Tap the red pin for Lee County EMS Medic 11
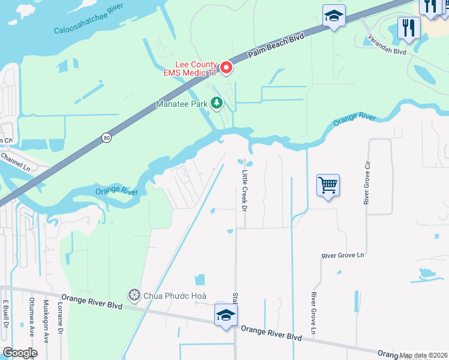coord(226,68)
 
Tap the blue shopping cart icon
coord(328,185)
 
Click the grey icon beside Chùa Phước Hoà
coord(133,295)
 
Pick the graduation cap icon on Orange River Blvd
coord(226,315)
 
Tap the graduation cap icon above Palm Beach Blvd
coord(334,16)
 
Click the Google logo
coord(20,353)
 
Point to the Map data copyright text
coord(423,355)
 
